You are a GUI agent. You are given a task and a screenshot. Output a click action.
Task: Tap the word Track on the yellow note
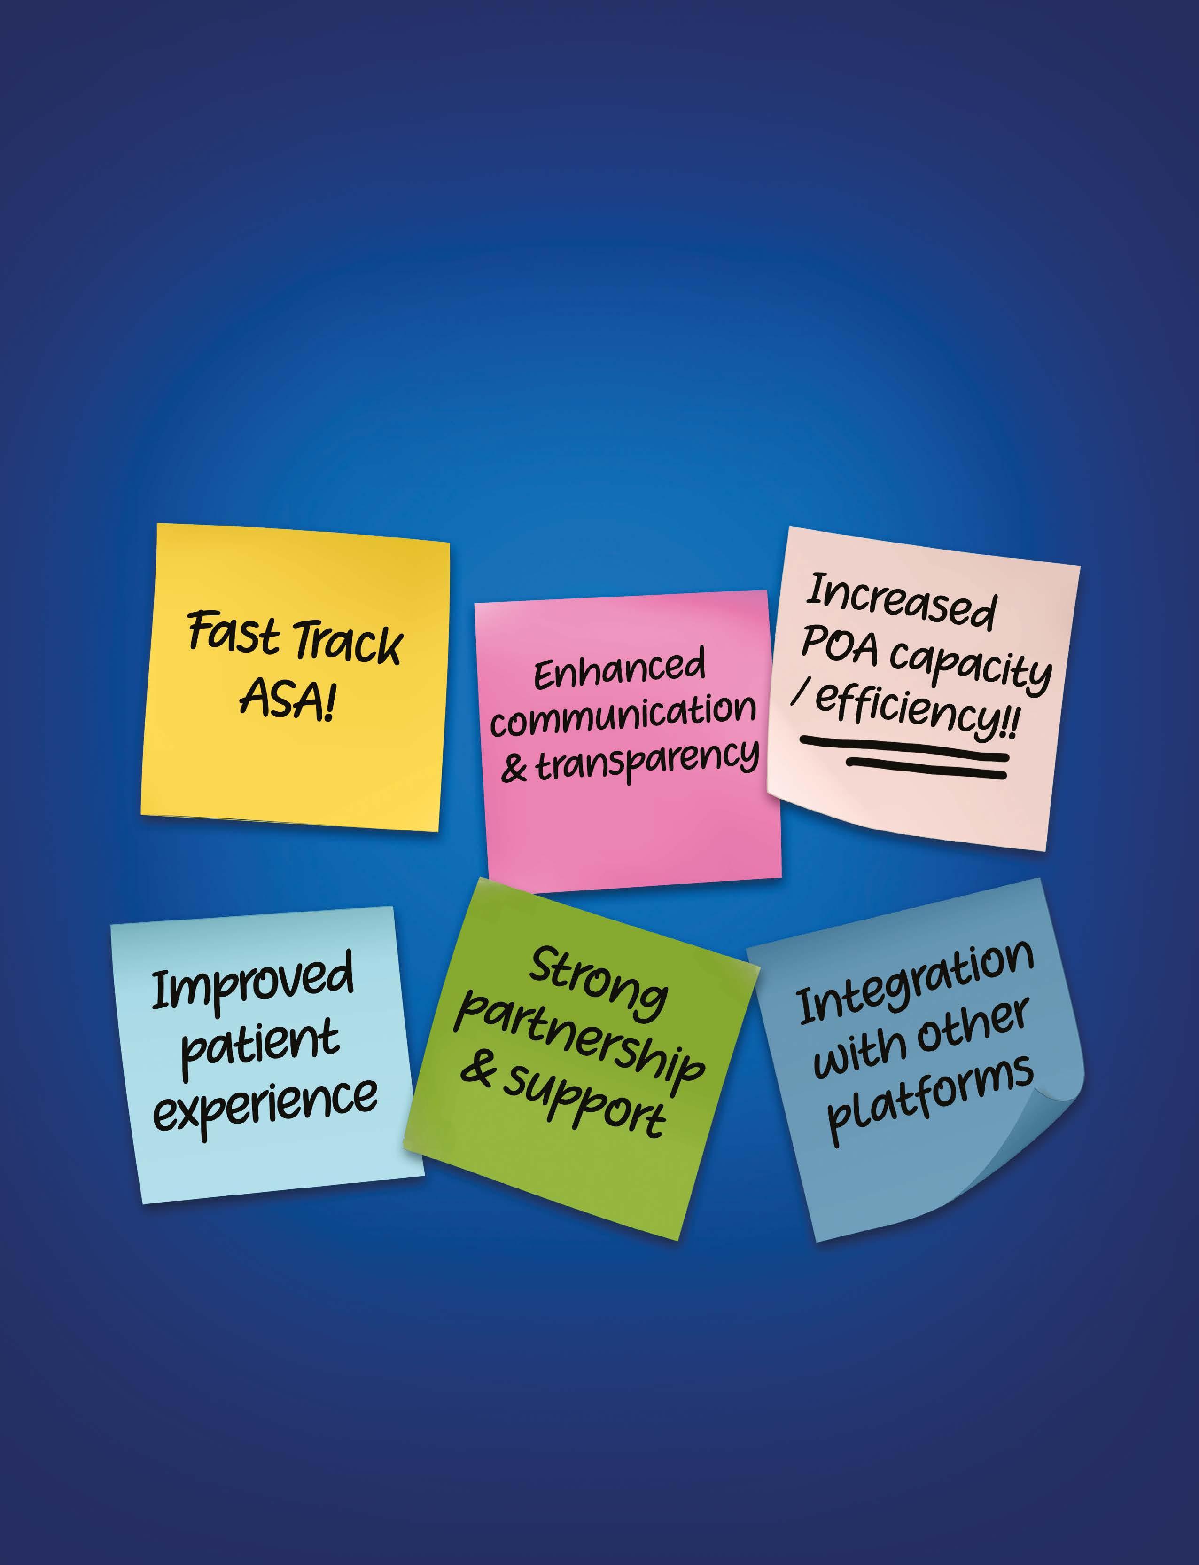[348, 643]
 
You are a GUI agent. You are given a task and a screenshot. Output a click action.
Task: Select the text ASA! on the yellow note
[287, 698]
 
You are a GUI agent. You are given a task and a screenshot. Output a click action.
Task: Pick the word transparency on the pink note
[646, 760]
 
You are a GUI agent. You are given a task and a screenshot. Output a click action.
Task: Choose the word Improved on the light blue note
[253, 979]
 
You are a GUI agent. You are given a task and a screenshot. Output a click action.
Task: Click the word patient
[260, 1043]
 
